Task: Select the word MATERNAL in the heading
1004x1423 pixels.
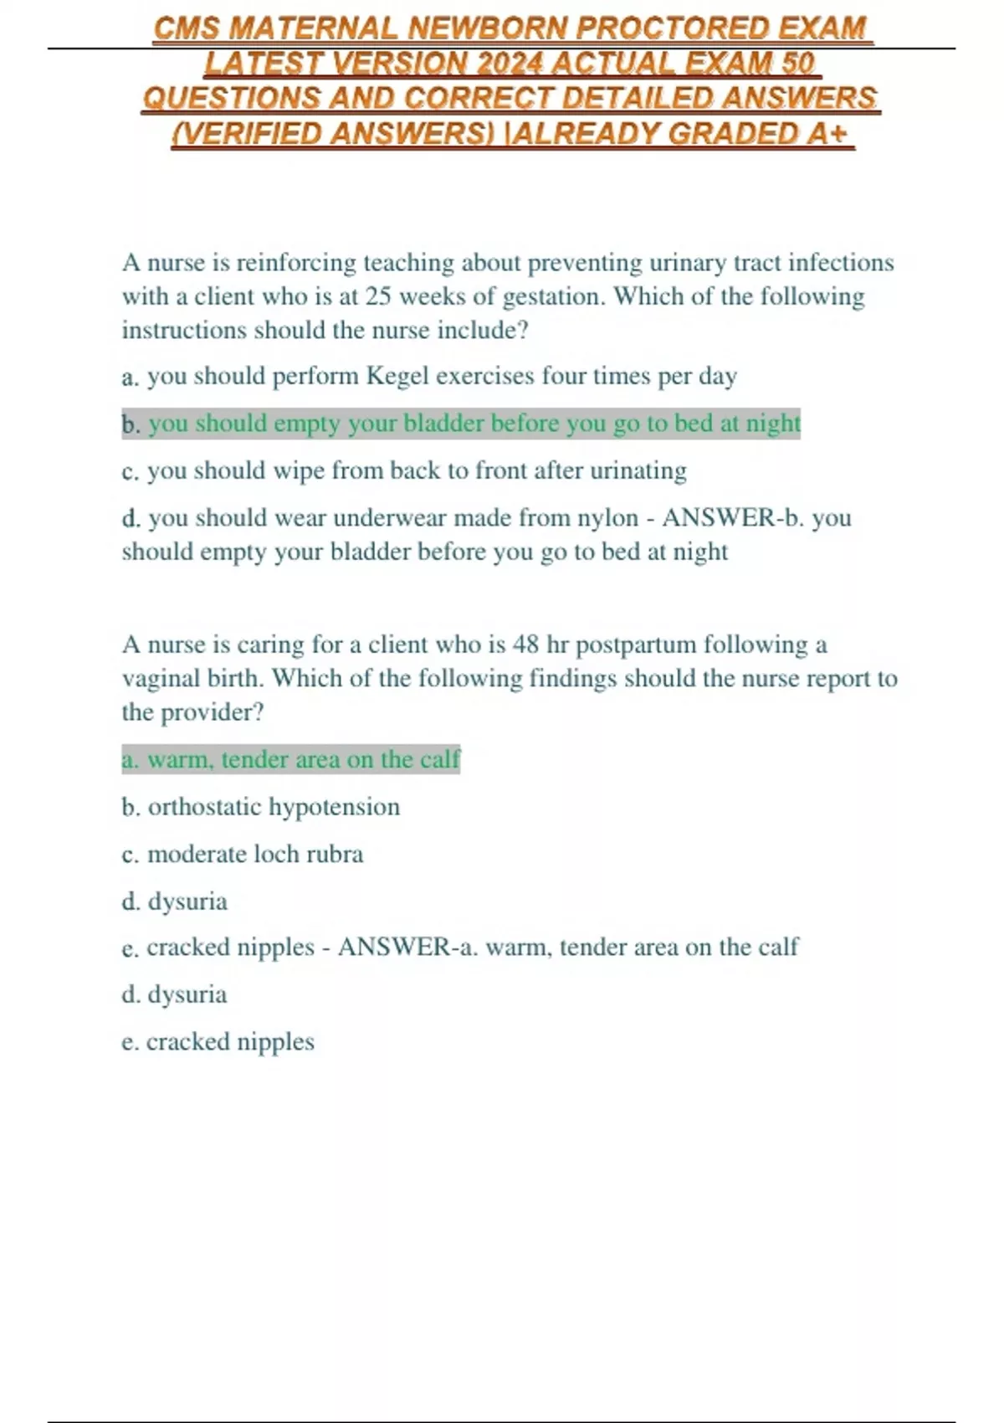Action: coord(313,28)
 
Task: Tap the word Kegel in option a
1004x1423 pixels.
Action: coord(397,377)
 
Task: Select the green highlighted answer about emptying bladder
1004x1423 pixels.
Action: coord(474,424)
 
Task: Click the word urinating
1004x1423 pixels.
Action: coord(638,471)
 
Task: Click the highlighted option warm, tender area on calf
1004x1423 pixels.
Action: coord(290,760)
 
